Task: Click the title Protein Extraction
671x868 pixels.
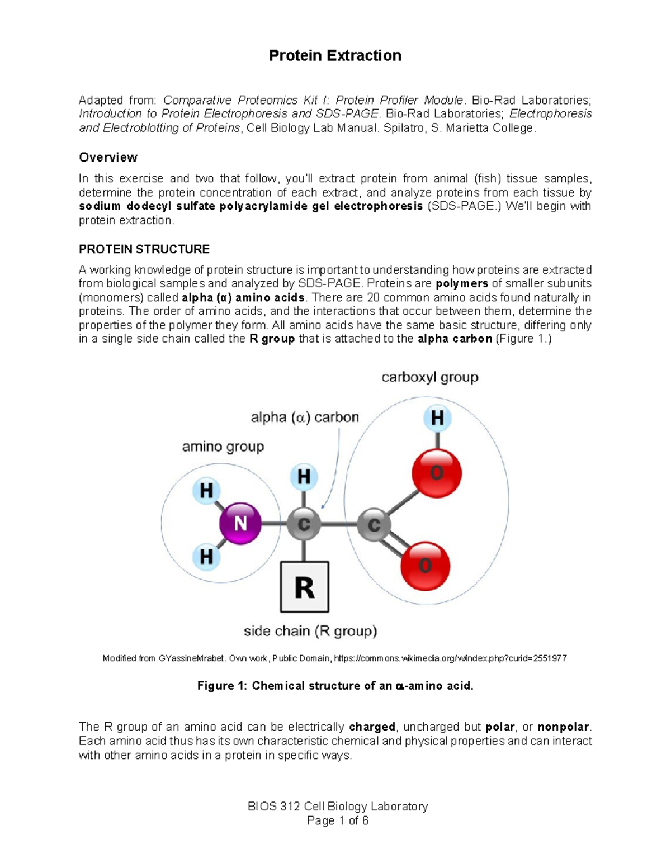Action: pyautogui.click(x=335, y=56)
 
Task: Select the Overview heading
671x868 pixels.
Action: pyautogui.click(x=108, y=158)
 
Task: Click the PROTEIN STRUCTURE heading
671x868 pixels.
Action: pyautogui.click(x=144, y=249)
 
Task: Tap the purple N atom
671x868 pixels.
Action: pyautogui.click(x=240, y=524)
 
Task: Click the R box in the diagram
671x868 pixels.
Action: pyautogui.click(x=304, y=587)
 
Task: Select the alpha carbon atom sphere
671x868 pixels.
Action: pyautogui.click(x=304, y=524)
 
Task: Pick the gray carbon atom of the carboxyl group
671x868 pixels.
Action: pyautogui.click(x=374, y=524)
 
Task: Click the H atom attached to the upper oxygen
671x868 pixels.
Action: pyautogui.click(x=437, y=418)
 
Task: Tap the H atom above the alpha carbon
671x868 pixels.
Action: pyautogui.click(x=304, y=477)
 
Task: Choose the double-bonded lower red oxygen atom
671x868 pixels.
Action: pyautogui.click(x=426, y=566)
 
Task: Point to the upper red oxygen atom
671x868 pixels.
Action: pyautogui.click(x=437, y=473)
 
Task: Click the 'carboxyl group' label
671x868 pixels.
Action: pyautogui.click(x=429, y=378)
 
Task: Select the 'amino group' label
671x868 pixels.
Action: pyautogui.click(x=223, y=447)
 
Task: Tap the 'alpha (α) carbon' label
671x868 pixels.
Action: pyautogui.click(x=304, y=418)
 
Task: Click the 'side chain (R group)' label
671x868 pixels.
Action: pyautogui.click(x=310, y=632)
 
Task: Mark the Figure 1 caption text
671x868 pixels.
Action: pyautogui.click(x=335, y=686)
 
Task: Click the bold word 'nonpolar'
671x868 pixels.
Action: pyautogui.click(x=563, y=727)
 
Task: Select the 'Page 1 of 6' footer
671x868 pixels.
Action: pyautogui.click(x=338, y=820)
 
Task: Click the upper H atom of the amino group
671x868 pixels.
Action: pyautogui.click(x=206, y=491)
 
